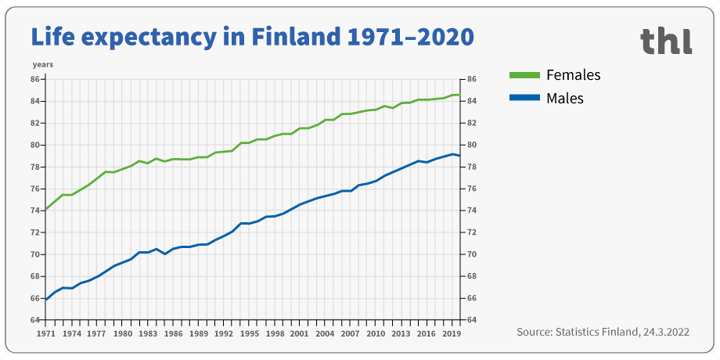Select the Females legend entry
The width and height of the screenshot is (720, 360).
(574, 75)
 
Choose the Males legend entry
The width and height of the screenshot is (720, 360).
(565, 98)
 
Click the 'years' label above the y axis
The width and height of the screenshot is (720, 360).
(42, 63)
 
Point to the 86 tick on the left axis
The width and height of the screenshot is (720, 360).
(35, 79)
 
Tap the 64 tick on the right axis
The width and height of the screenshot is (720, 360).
(472, 320)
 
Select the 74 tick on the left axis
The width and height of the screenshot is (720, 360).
(35, 211)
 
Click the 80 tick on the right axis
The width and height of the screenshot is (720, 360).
(472, 145)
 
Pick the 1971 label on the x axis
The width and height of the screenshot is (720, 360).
(46, 333)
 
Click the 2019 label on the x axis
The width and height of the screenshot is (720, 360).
(452, 333)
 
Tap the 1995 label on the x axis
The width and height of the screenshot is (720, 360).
(249, 333)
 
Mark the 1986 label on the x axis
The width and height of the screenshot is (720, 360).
(173, 333)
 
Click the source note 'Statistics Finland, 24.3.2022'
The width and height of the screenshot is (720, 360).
(603, 332)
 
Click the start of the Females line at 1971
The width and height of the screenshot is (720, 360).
(46, 210)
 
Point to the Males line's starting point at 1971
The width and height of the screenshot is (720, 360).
(46, 300)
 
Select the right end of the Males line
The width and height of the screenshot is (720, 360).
(459, 156)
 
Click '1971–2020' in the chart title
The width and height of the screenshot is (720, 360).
(411, 36)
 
